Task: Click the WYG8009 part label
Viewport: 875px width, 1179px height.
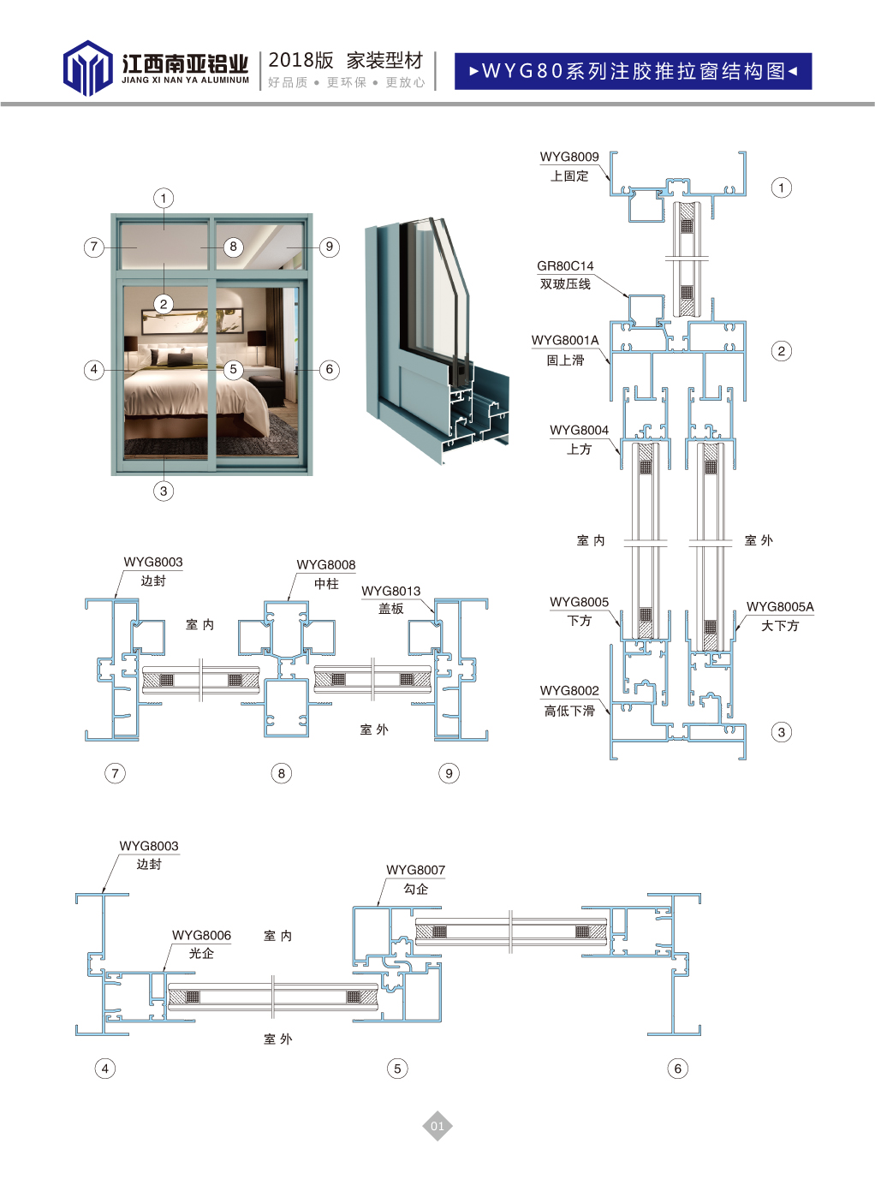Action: pyautogui.click(x=569, y=157)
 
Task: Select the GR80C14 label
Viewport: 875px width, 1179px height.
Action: pyautogui.click(x=565, y=266)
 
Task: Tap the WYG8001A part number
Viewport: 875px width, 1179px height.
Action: pyautogui.click(x=565, y=340)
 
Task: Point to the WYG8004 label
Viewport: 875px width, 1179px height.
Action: pyautogui.click(x=579, y=430)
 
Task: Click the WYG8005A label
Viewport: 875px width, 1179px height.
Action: pyautogui.click(x=780, y=606)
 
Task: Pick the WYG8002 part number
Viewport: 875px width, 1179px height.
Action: pyautogui.click(x=569, y=690)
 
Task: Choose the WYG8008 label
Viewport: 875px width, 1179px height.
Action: pyautogui.click(x=326, y=565)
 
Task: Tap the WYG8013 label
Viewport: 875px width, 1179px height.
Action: pyautogui.click(x=391, y=591)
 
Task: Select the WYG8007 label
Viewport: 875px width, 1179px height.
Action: pyautogui.click(x=416, y=870)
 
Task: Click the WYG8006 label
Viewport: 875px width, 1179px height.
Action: pyautogui.click(x=201, y=935)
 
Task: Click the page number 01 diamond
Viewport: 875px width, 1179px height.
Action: pyautogui.click(x=437, y=1126)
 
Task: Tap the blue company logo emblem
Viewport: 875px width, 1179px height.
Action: pyautogui.click(x=87, y=68)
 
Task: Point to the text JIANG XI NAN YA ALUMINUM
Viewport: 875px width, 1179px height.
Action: pyautogui.click(x=186, y=80)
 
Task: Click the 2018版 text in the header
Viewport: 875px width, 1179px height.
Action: pyautogui.click(x=301, y=60)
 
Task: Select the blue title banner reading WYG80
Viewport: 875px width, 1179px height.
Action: pyautogui.click(x=633, y=71)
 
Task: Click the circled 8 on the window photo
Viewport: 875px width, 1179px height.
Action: pyautogui.click(x=233, y=247)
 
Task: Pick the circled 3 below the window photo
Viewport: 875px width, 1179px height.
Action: pyautogui.click(x=164, y=491)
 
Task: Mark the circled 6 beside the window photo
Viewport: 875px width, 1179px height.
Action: pyautogui.click(x=329, y=369)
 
